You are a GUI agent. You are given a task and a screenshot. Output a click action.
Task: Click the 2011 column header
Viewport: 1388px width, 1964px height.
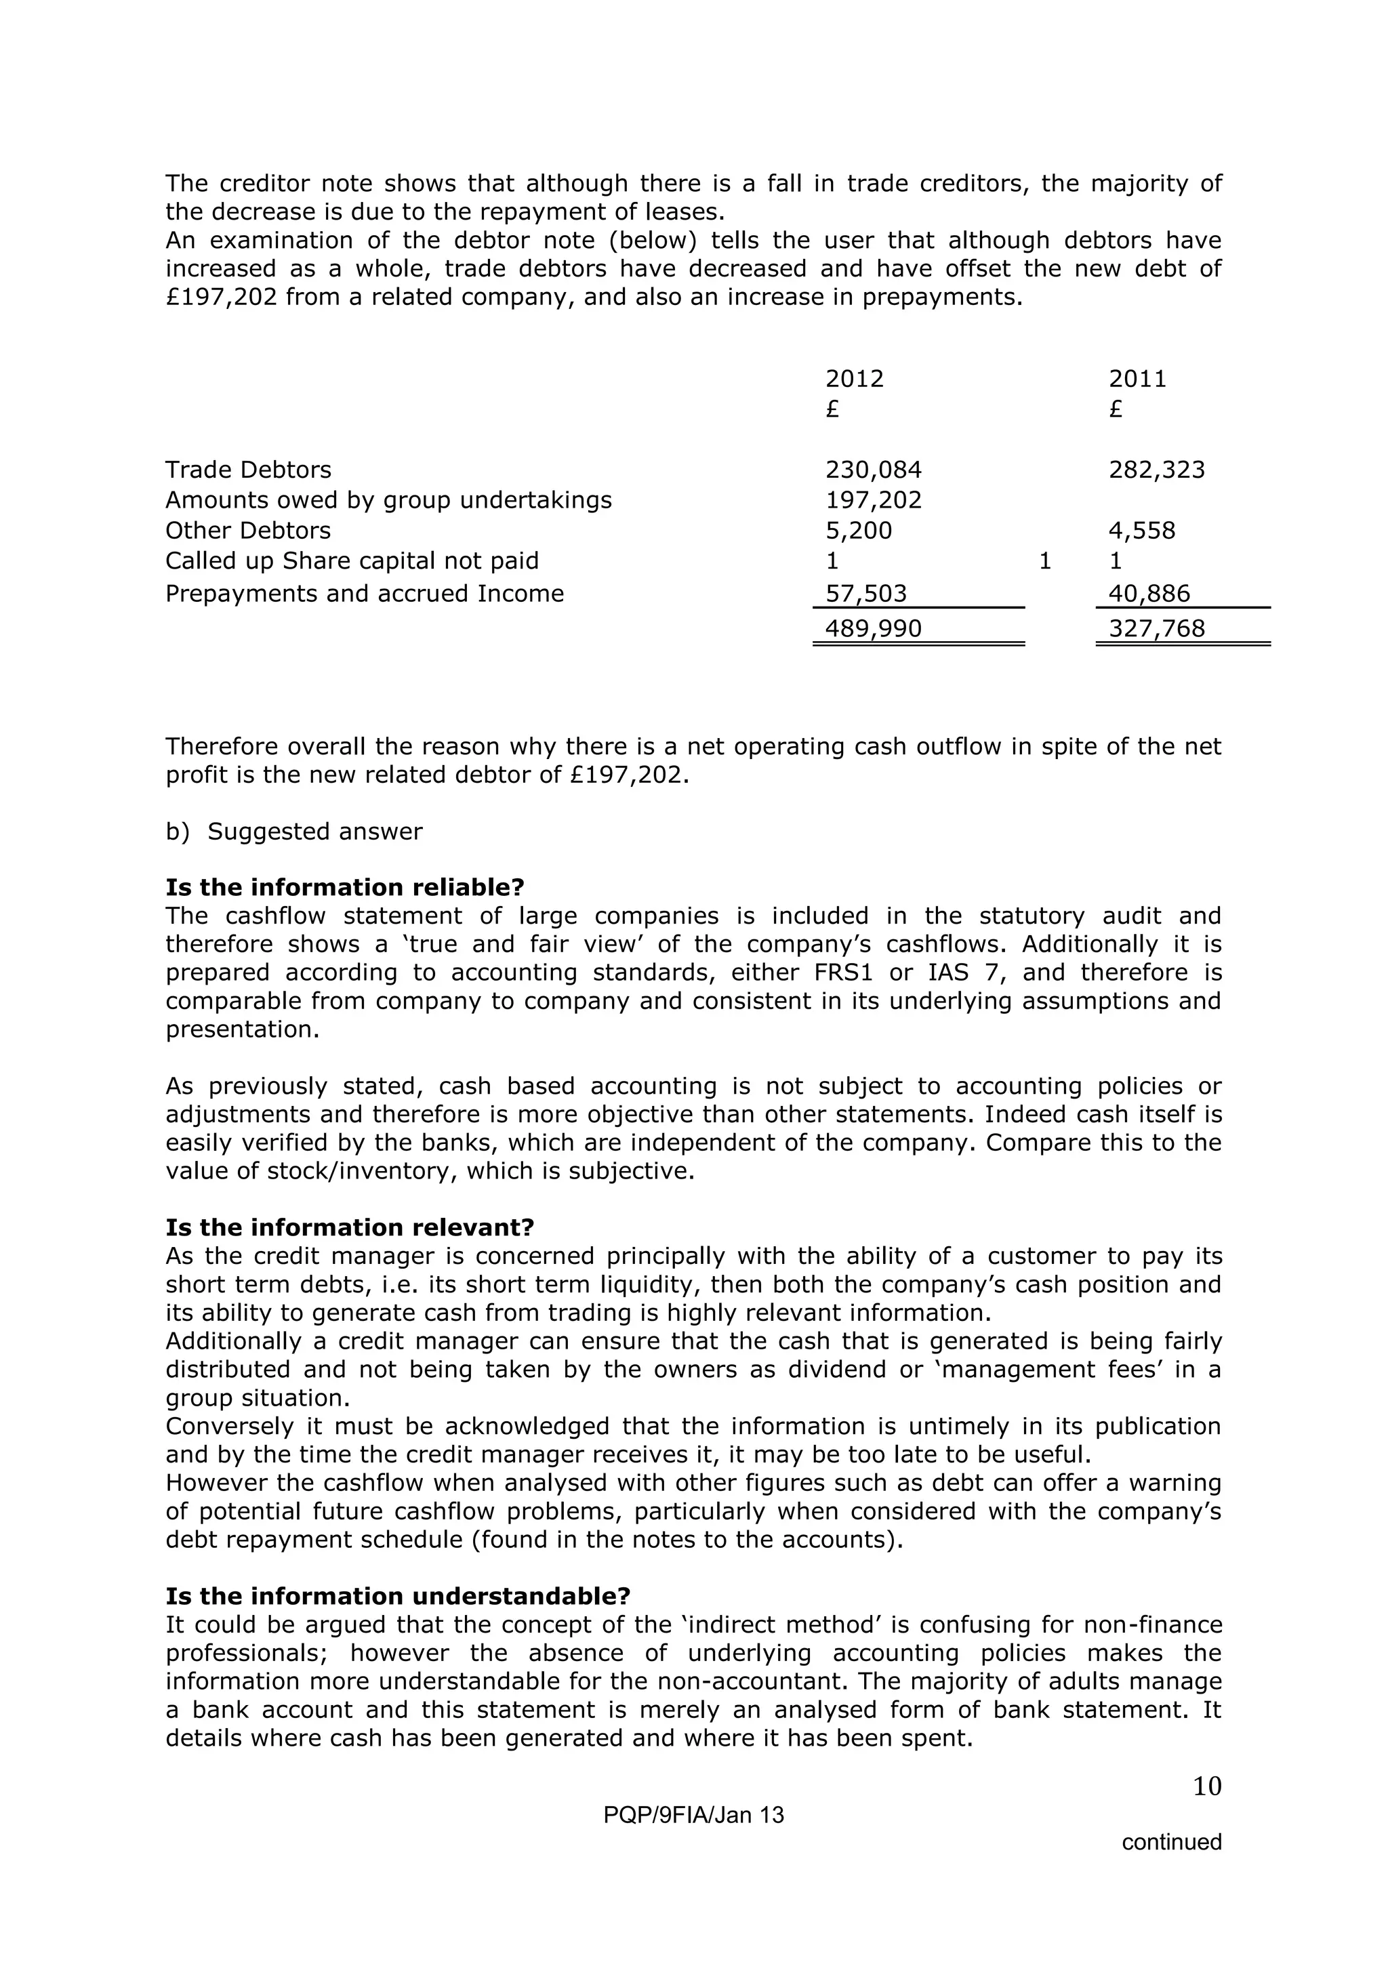click(1137, 378)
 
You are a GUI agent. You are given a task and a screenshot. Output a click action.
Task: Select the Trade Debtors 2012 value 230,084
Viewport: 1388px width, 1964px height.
click(873, 470)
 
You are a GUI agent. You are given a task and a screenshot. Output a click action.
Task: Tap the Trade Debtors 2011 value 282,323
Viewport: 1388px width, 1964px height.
click(1156, 470)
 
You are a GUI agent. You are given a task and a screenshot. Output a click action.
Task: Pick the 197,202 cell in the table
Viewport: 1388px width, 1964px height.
click(873, 499)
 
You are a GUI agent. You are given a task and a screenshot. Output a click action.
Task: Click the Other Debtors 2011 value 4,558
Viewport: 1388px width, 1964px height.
click(1142, 531)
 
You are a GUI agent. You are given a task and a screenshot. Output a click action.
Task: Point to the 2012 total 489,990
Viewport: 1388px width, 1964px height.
click(873, 629)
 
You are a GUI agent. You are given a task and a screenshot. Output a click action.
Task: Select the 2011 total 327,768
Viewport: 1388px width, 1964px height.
click(1156, 629)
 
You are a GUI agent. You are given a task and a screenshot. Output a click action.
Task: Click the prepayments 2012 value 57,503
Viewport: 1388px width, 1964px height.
click(865, 594)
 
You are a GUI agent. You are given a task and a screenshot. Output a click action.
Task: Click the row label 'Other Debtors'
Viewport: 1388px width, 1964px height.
click(248, 531)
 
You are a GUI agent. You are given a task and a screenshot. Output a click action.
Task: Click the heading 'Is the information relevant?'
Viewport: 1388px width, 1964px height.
click(349, 1227)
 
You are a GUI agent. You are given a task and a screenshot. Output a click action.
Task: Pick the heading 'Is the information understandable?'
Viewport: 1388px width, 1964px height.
click(398, 1596)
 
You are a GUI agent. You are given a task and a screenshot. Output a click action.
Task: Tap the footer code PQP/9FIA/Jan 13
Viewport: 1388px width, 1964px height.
click(693, 1815)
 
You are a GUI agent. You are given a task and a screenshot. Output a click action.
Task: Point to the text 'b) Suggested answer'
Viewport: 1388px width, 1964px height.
click(293, 832)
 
